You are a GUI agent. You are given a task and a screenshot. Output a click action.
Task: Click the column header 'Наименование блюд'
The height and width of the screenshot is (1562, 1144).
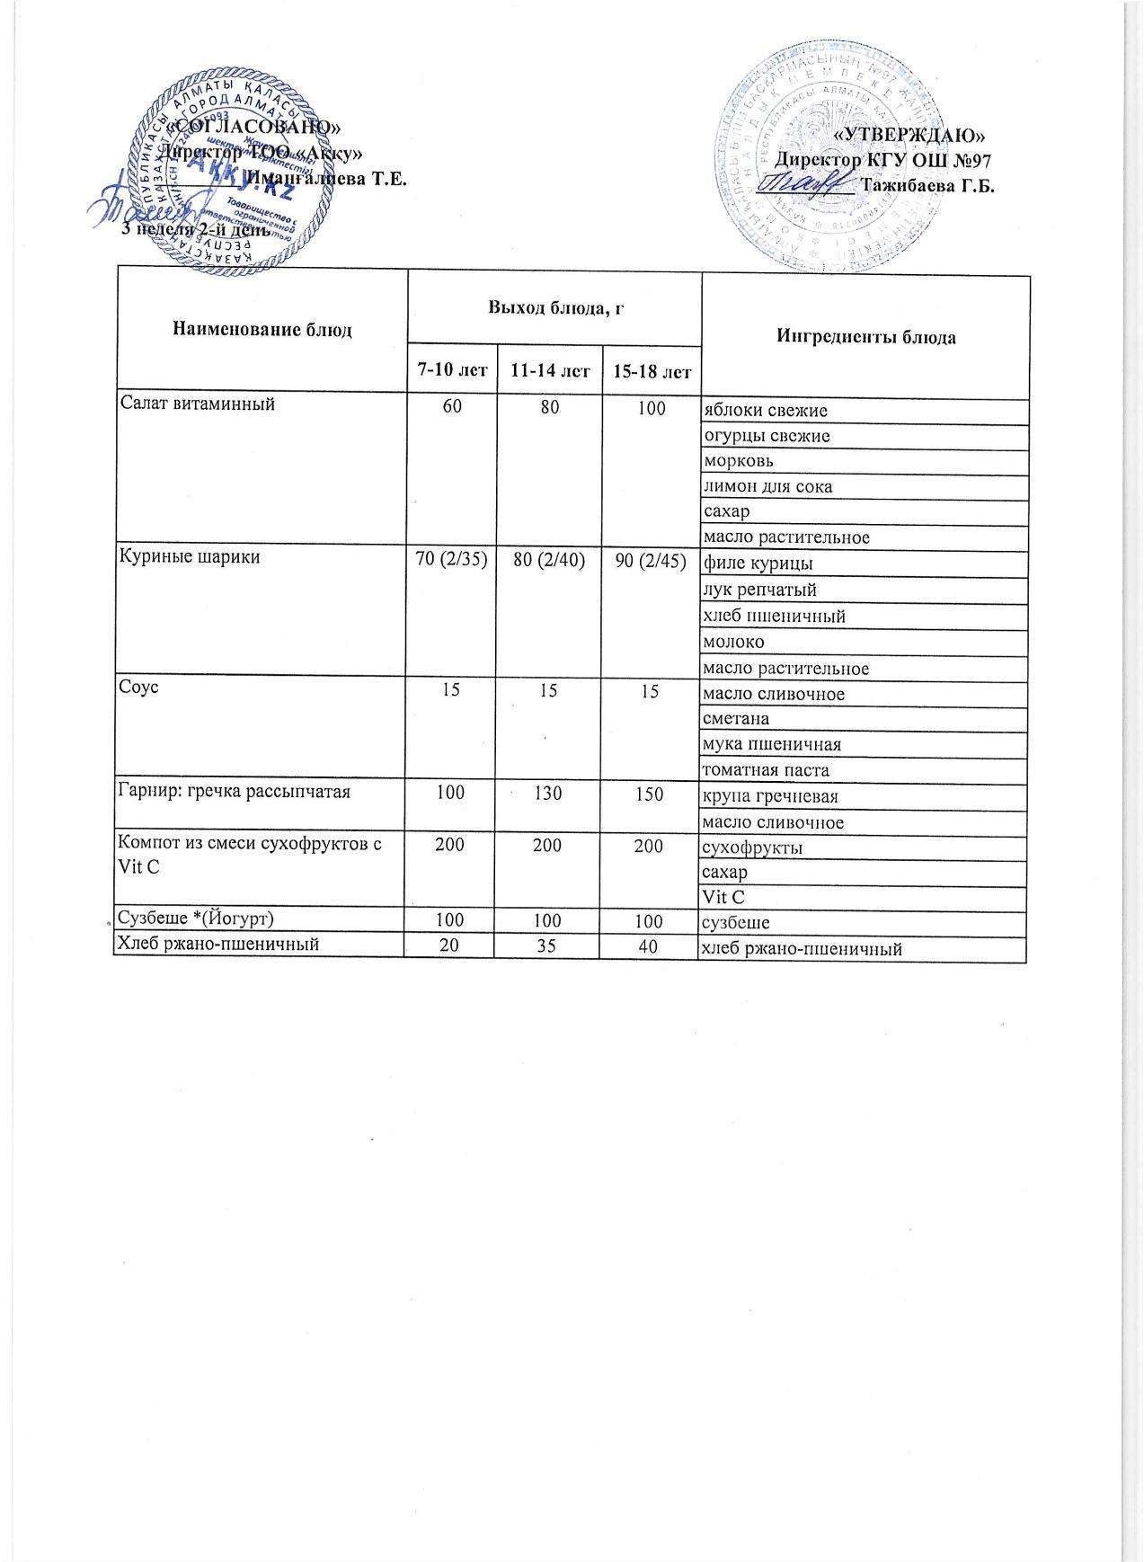261,330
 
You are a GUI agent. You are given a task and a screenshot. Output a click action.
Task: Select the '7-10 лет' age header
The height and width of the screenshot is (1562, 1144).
452,369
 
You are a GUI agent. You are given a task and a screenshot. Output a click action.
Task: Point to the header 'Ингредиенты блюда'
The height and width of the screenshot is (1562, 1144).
864,337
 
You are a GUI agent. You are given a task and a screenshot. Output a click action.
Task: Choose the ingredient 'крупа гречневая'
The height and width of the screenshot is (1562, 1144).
766,796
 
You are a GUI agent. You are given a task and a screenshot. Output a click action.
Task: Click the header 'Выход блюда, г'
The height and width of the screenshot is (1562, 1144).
554,308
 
